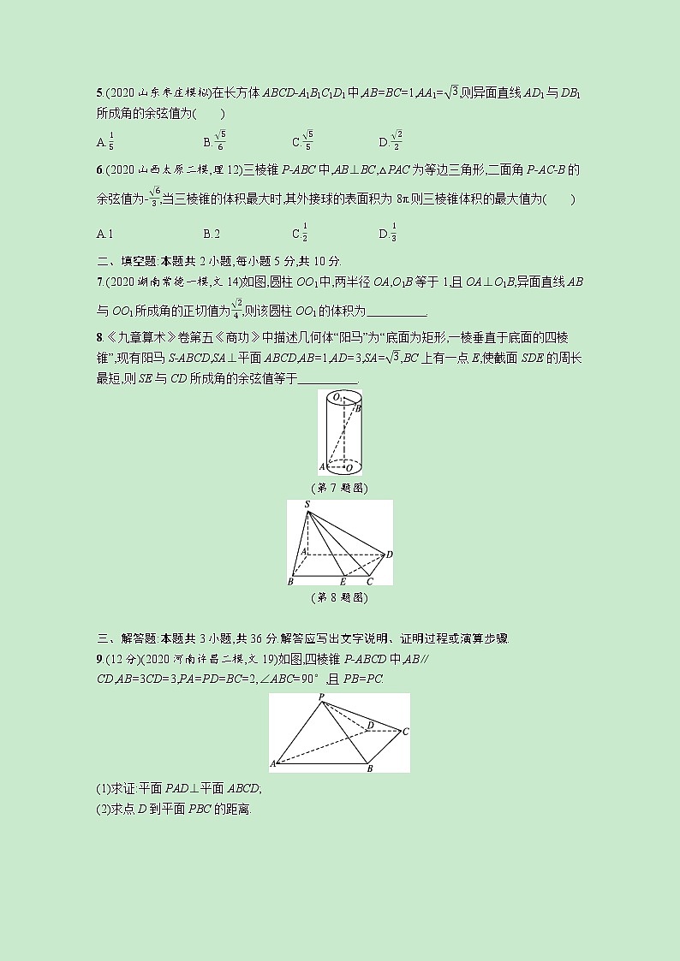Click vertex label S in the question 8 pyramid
[307, 506]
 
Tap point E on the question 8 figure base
[343, 581]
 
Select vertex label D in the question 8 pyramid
[389, 555]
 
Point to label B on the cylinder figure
[358, 410]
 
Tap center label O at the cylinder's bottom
[347, 467]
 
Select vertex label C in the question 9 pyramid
[405, 731]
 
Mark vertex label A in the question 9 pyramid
[273, 762]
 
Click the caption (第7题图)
[339, 487]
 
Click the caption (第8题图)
[339, 597]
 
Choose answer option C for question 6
[300, 234]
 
